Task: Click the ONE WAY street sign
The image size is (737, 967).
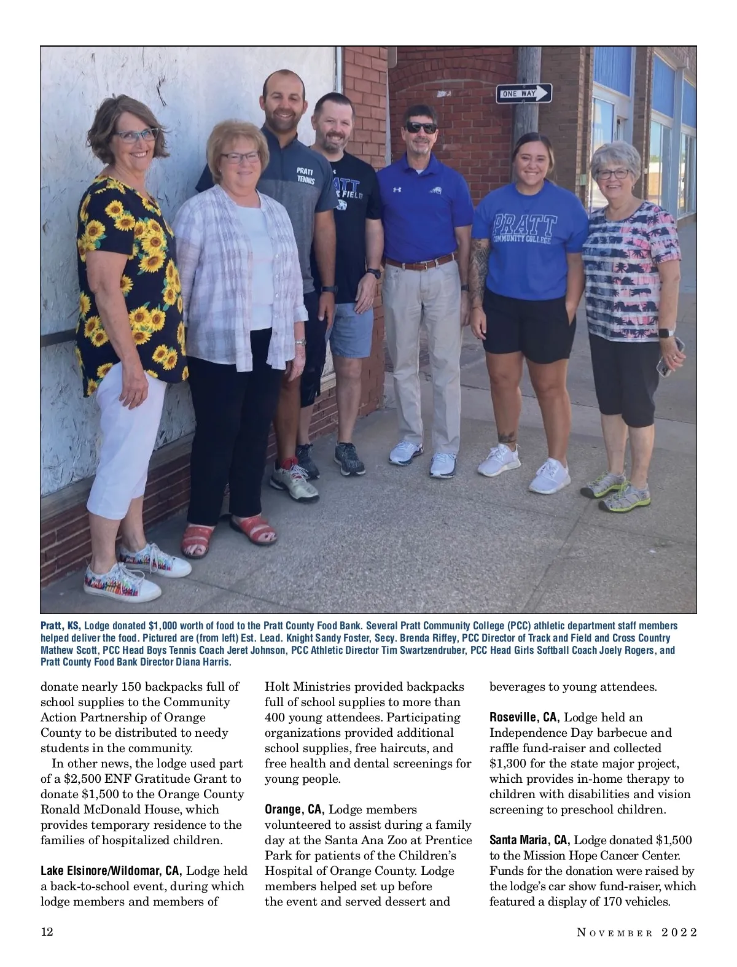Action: click(x=524, y=93)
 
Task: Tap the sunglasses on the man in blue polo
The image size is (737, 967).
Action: click(x=421, y=128)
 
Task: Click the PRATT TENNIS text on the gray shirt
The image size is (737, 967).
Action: click(x=305, y=176)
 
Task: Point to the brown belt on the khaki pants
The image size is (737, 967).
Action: click(x=419, y=263)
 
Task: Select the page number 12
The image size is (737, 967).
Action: click(x=47, y=932)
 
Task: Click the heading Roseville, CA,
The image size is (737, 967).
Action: click(x=524, y=717)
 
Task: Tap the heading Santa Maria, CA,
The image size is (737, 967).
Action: click(x=529, y=840)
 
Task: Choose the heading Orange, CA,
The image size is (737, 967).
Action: click(x=294, y=809)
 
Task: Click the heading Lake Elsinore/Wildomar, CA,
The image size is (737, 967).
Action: click(x=111, y=871)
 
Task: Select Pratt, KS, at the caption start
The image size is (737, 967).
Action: click(x=60, y=626)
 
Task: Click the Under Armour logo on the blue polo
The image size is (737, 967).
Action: click(x=397, y=190)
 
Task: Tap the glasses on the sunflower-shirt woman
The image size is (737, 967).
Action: click(x=136, y=135)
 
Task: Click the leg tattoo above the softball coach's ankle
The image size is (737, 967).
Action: click(x=508, y=437)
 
